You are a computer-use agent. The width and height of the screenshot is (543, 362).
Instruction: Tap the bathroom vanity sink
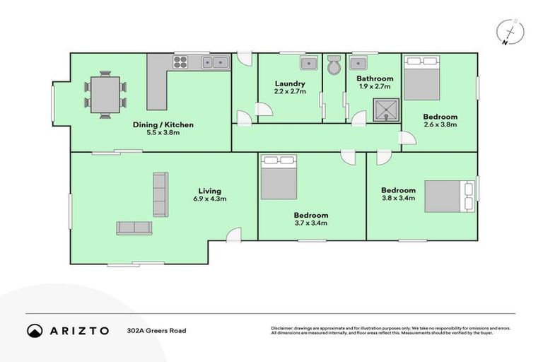coord(359,64)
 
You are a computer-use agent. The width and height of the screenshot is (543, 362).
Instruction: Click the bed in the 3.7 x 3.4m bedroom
coord(279,177)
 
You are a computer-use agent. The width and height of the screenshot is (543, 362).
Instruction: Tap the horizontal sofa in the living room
coord(134,227)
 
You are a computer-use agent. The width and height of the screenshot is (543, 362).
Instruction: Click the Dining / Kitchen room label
coord(163,124)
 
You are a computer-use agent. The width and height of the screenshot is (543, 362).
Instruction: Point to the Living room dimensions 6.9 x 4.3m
coord(210,199)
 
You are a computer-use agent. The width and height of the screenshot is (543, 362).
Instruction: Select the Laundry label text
coord(290,83)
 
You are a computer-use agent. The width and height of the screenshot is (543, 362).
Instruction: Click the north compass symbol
coord(509,33)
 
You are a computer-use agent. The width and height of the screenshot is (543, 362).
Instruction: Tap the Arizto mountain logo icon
coord(35,330)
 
